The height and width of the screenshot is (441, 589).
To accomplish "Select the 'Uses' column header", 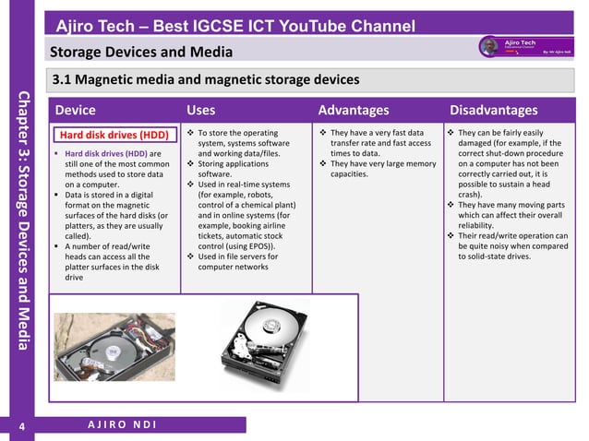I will tap(200, 111).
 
